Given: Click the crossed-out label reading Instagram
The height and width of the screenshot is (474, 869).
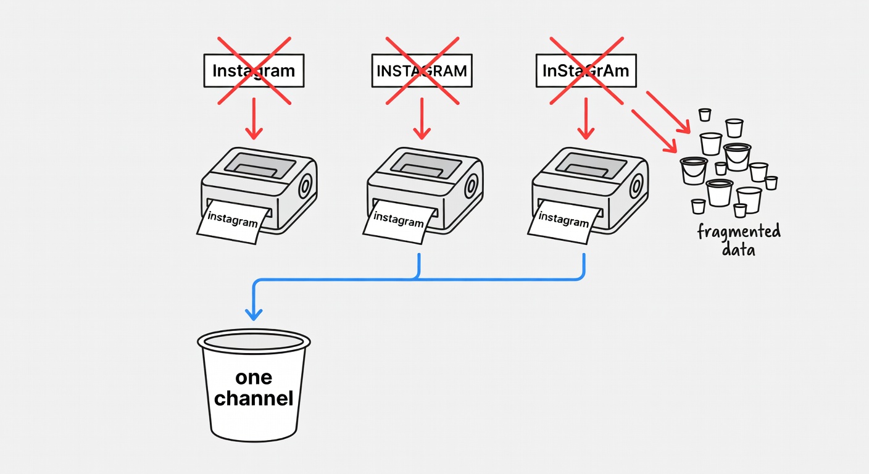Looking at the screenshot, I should pyautogui.click(x=254, y=70).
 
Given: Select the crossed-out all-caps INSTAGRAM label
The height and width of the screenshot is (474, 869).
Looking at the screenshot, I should pyautogui.click(x=422, y=70).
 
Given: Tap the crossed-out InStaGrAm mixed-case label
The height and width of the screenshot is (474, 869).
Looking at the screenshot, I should pyautogui.click(x=586, y=70).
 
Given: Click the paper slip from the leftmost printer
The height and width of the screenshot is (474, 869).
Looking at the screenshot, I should pyautogui.click(x=233, y=221).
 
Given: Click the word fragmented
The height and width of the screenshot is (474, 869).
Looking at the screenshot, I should pyautogui.click(x=739, y=233).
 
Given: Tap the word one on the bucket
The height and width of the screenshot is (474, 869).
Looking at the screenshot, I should pyautogui.click(x=254, y=377).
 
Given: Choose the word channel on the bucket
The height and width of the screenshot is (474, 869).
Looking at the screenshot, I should pyautogui.click(x=254, y=399).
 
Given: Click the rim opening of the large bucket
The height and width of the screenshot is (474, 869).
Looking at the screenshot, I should pyautogui.click(x=254, y=341).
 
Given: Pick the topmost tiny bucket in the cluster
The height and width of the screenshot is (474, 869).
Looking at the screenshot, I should pyautogui.click(x=705, y=114).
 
